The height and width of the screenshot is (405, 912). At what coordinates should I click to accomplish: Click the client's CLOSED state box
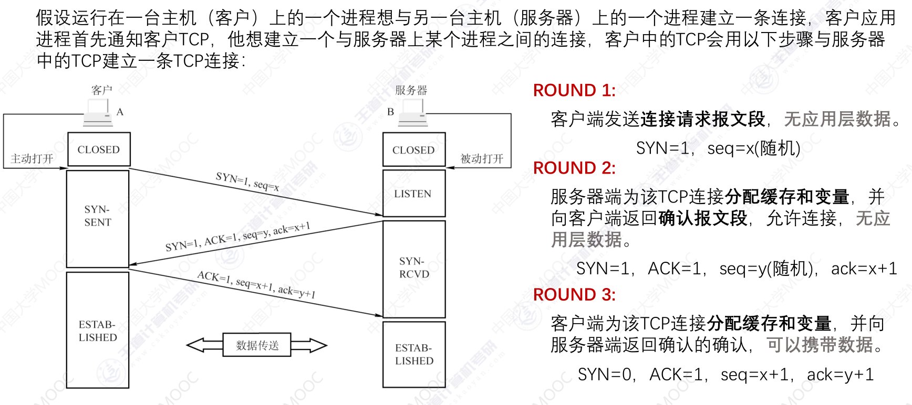click(x=99, y=150)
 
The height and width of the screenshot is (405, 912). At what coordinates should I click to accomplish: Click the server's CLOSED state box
click(x=413, y=150)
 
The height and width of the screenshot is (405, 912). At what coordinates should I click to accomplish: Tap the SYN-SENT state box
click(x=98, y=216)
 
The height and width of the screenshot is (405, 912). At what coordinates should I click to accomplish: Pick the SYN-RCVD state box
click(x=414, y=268)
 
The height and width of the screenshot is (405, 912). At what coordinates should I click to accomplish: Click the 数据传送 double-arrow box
click(x=257, y=345)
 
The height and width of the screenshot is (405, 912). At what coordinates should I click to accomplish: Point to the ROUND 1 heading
click(x=574, y=90)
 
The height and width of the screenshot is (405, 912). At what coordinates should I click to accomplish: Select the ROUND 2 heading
click(x=574, y=168)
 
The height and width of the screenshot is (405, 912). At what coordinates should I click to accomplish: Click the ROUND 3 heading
click(x=574, y=295)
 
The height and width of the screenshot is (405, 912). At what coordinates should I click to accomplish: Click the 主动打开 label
click(x=32, y=158)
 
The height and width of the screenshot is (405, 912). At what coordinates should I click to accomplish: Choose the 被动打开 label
click(x=482, y=158)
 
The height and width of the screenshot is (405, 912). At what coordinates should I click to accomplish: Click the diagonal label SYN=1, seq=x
click(x=247, y=182)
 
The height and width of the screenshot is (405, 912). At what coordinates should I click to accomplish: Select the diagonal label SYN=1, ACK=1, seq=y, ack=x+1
click(x=238, y=237)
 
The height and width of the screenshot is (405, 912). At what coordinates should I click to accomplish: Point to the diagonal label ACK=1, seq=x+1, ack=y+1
click(x=256, y=284)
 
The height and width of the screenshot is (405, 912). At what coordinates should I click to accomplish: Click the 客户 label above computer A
click(x=101, y=90)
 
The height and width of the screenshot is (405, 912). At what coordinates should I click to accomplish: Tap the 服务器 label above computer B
click(x=411, y=90)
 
